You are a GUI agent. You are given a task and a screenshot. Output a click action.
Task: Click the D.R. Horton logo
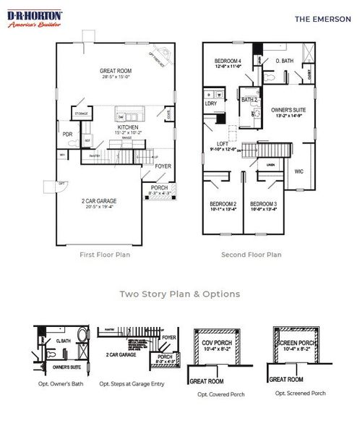click(x=35, y=19)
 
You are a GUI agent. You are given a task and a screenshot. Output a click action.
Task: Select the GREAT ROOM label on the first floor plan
click(x=116, y=71)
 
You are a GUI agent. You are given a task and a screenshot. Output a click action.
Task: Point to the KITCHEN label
click(x=127, y=127)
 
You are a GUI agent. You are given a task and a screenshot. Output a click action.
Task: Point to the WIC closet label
click(x=299, y=171)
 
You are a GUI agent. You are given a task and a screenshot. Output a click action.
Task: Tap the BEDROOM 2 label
click(x=223, y=204)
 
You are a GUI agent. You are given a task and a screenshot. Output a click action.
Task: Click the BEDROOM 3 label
click(x=264, y=204)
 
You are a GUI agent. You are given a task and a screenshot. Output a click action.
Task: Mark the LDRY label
click(x=211, y=103)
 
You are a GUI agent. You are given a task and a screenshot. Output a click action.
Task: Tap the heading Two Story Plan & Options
click(x=179, y=294)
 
